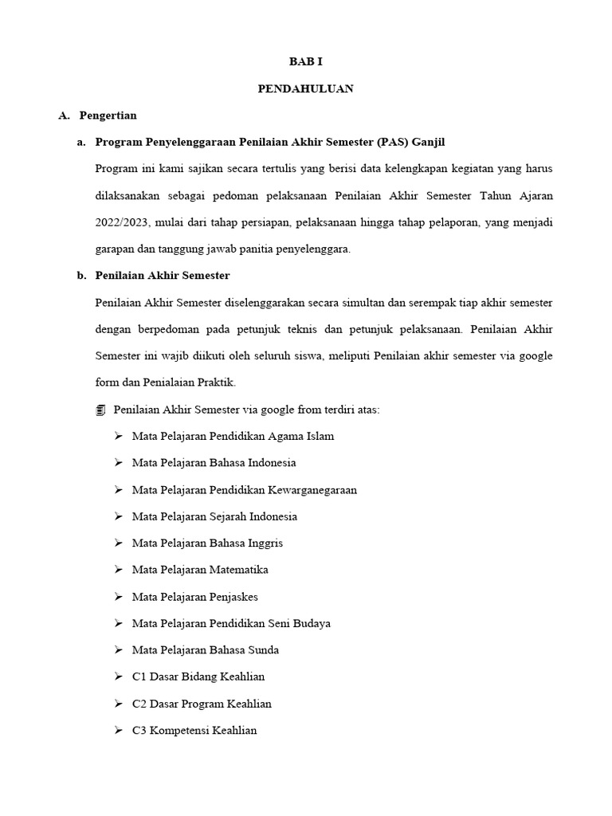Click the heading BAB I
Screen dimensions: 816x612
305,62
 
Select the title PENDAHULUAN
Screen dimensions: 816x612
305,89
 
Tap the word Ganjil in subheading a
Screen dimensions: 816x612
426,143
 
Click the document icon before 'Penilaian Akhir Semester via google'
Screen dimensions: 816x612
100,410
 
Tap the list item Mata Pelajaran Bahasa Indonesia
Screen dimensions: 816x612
214,463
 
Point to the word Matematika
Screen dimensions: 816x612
238,570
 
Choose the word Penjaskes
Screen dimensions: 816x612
233,597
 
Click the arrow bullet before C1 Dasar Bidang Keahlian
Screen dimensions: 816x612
118,677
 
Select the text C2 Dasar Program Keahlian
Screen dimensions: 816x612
202,704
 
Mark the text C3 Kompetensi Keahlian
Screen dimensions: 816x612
194,731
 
